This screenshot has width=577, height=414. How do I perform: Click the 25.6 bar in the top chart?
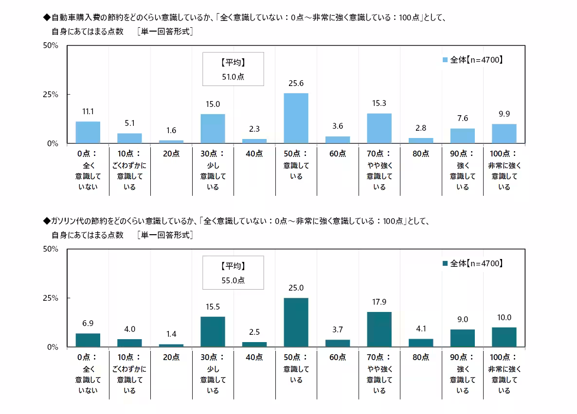(296, 118)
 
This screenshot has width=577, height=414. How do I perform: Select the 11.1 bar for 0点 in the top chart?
(88, 132)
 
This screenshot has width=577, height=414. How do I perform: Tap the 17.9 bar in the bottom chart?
(379, 329)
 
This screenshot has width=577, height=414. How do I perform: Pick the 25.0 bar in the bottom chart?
(296, 322)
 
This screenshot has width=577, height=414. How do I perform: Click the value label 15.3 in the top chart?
(379, 104)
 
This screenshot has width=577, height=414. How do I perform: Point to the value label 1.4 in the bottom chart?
(171, 335)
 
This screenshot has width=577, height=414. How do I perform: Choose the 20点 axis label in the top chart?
(171, 154)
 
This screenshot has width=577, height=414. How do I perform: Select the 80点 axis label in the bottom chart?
(421, 357)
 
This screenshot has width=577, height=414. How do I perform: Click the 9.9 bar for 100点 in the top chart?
(504, 134)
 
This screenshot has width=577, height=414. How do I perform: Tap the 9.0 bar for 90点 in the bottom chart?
(462, 338)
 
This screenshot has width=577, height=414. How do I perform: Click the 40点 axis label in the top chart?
(254, 154)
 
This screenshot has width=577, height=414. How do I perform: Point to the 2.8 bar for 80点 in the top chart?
(421, 140)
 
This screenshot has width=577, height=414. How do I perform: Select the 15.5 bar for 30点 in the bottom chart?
(213, 331)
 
